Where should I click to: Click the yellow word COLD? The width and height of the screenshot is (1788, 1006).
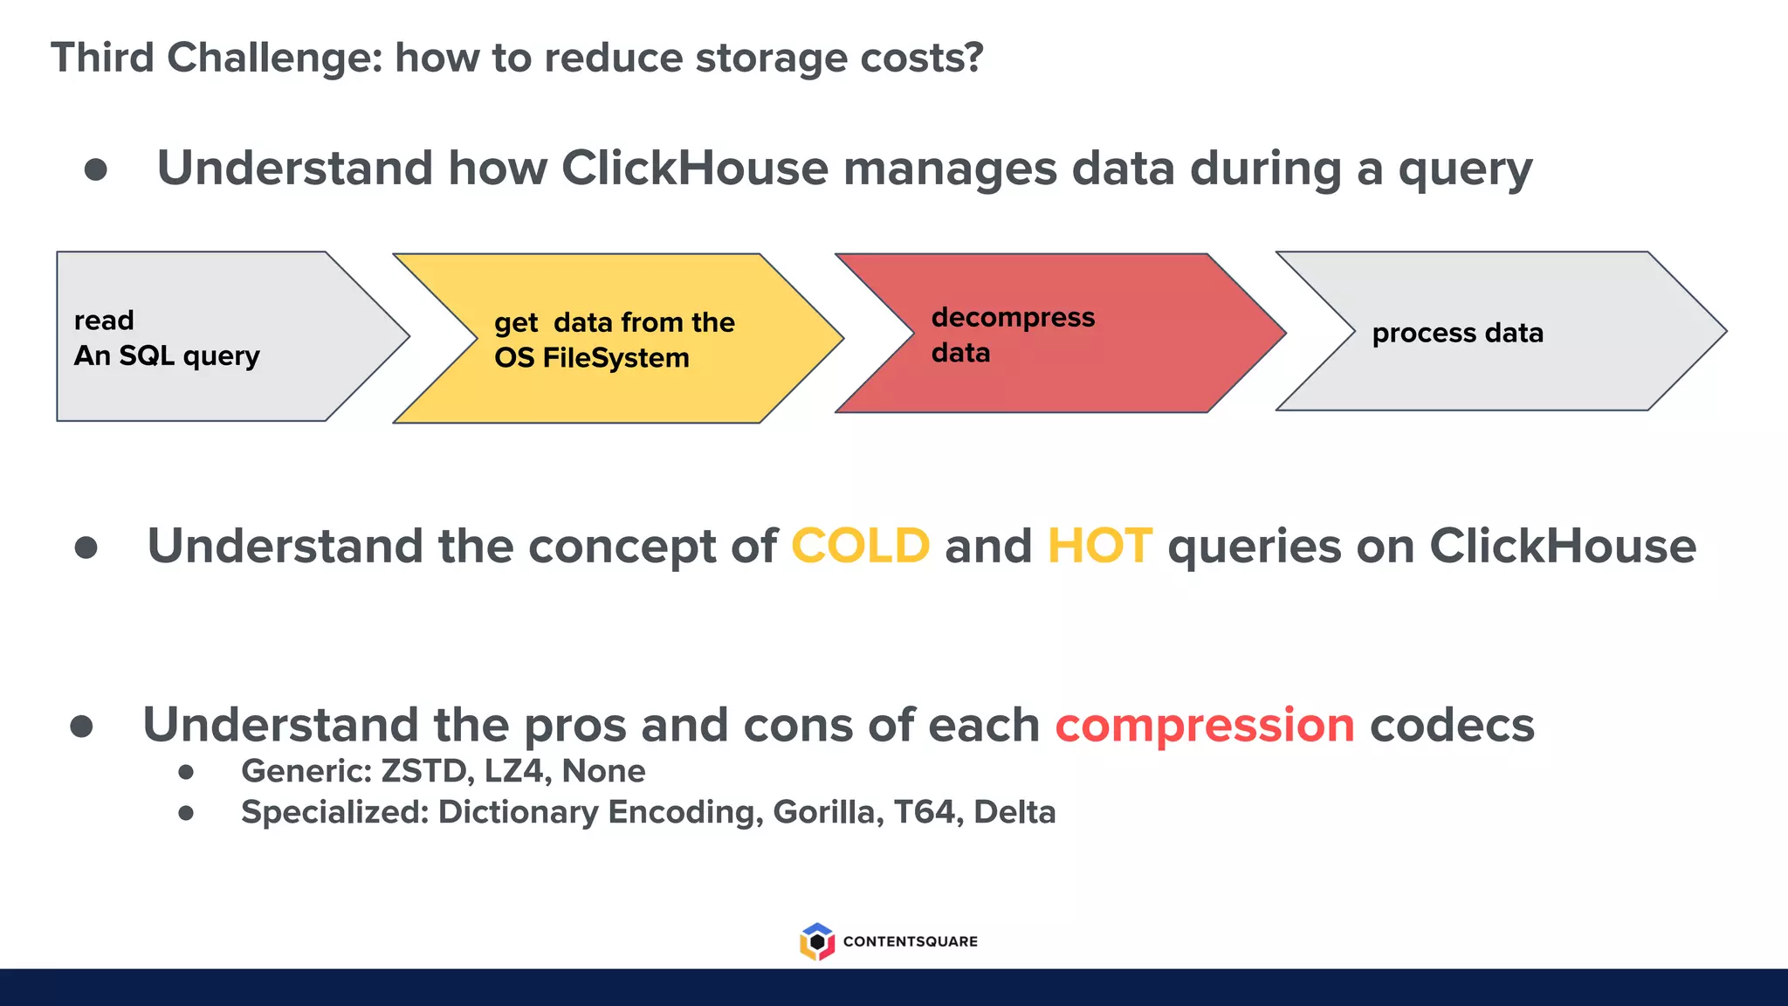860,547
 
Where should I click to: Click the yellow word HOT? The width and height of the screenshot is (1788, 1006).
1099,547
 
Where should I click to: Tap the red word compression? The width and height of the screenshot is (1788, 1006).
1204,726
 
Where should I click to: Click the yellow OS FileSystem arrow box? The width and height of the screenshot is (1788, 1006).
615,339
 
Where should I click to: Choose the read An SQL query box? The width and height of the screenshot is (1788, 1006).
210,337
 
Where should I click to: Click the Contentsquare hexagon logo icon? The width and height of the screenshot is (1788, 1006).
816,941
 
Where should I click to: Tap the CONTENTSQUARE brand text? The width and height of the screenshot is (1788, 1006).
910,941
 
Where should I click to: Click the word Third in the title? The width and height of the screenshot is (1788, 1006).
102,59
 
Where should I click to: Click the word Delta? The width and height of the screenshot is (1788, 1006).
1014,812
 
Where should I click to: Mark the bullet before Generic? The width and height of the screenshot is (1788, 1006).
186,772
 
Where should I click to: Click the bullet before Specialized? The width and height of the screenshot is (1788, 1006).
186,813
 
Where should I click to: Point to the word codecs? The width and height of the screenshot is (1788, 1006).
1451,726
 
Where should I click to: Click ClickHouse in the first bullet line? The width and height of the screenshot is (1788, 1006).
694,168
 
